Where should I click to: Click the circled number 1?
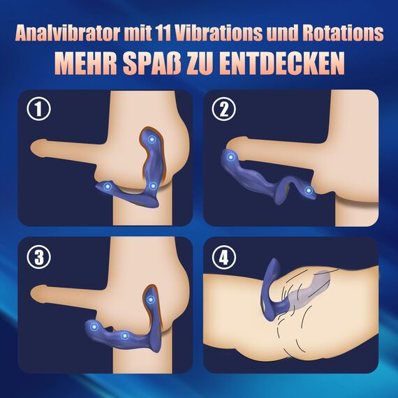[x=40, y=110]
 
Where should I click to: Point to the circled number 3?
[x=40, y=256]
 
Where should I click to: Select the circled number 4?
[x=223, y=256]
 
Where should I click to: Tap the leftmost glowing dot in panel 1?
[x=105, y=186]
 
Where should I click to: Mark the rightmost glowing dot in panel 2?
[x=308, y=191]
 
